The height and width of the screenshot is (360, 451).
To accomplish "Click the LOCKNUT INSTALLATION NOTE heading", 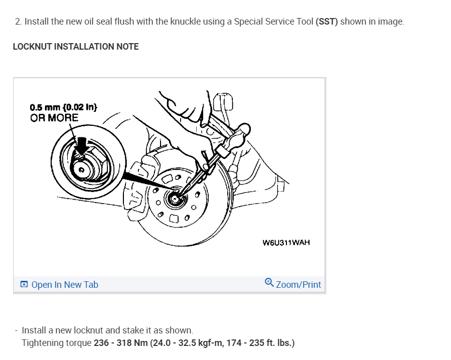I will tap(76, 47).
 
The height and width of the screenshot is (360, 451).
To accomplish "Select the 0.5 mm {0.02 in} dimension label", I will tap(63, 107).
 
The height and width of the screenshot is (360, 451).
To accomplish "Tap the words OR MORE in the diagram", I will tap(54, 118).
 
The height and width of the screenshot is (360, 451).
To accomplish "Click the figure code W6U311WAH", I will tap(286, 243).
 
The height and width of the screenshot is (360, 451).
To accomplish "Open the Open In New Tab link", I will tap(65, 285).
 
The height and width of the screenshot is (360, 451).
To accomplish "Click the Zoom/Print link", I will tap(298, 285).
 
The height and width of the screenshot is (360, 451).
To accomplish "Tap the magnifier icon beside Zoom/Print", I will tap(269, 283).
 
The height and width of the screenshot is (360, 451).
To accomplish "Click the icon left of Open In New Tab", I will tap(24, 285).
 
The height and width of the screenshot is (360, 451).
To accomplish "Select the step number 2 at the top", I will tap(18, 22).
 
